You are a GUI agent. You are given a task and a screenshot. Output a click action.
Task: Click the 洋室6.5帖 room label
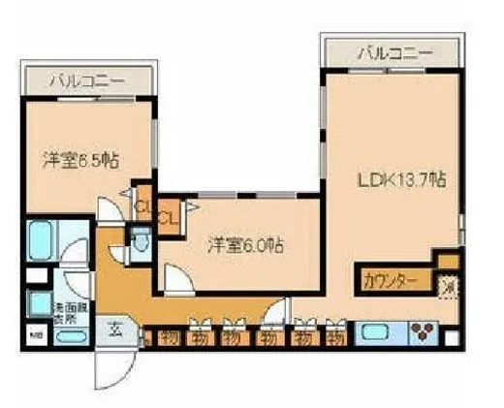click(81, 161)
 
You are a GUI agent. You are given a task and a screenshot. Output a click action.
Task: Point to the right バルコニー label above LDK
click(393, 52)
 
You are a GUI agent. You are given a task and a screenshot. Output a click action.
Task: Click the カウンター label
click(391, 281)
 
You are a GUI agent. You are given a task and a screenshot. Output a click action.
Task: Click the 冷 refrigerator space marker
click(448, 287)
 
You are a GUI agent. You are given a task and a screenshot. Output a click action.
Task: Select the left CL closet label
click(142, 206)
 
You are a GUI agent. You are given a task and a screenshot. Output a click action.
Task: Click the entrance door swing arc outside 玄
click(114, 368)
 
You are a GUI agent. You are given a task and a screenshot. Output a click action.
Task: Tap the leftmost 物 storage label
click(170, 338)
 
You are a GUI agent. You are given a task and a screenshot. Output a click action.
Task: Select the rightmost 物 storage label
click(335, 338)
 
